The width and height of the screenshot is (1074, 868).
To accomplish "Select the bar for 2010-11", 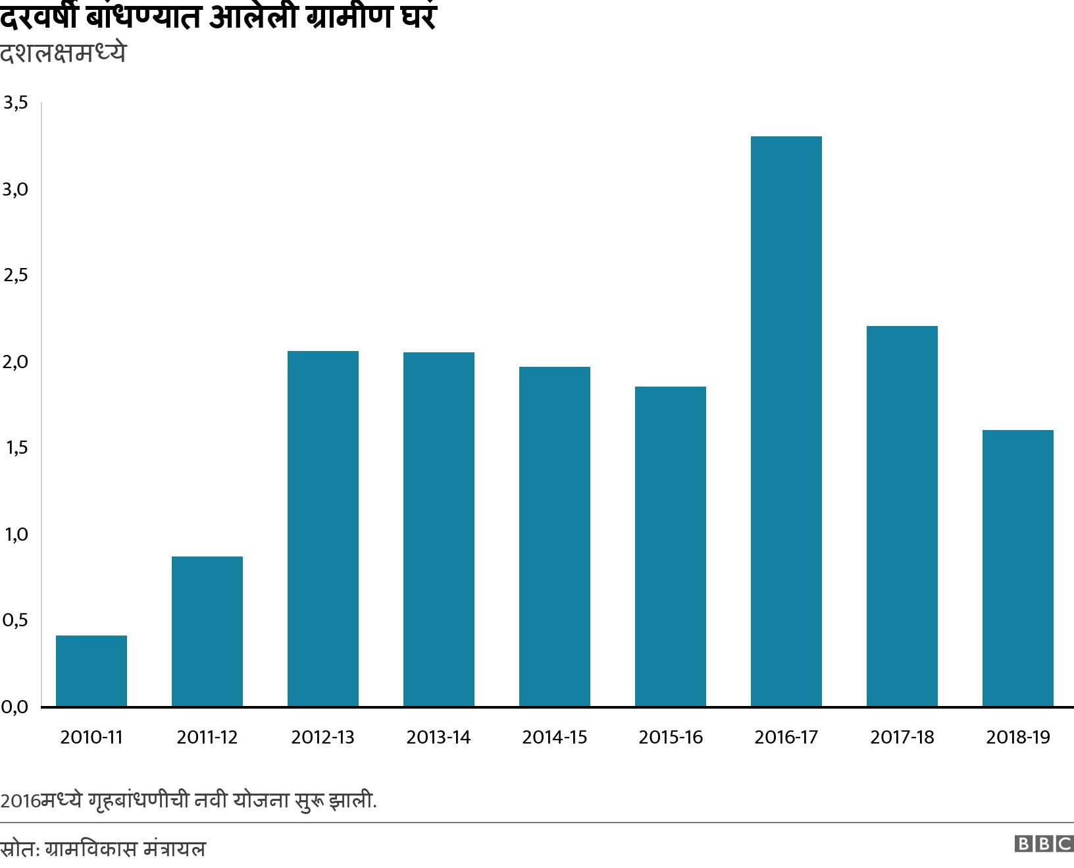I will [x=91, y=670].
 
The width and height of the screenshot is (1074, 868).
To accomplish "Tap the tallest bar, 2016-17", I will [x=786, y=421].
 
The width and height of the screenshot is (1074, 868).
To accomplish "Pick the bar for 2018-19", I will [x=1018, y=568].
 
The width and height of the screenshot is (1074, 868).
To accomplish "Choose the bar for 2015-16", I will [x=671, y=546].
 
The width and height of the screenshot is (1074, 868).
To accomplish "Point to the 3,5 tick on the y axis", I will [x=15, y=103].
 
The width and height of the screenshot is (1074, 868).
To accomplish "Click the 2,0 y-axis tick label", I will [x=15, y=362].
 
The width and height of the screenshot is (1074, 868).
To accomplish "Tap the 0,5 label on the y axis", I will [x=15, y=620].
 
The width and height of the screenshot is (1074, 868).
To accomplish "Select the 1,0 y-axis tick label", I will [x=15, y=534].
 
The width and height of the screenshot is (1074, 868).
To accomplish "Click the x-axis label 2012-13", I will [x=322, y=737].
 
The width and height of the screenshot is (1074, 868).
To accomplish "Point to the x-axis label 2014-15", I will [x=554, y=737].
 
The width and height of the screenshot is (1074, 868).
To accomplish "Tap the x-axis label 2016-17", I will [x=786, y=737].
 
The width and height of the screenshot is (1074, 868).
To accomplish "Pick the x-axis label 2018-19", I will [x=1018, y=737].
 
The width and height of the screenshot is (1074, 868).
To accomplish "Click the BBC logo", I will [x=1044, y=844].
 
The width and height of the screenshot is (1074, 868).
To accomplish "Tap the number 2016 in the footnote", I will [x=19, y=801].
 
